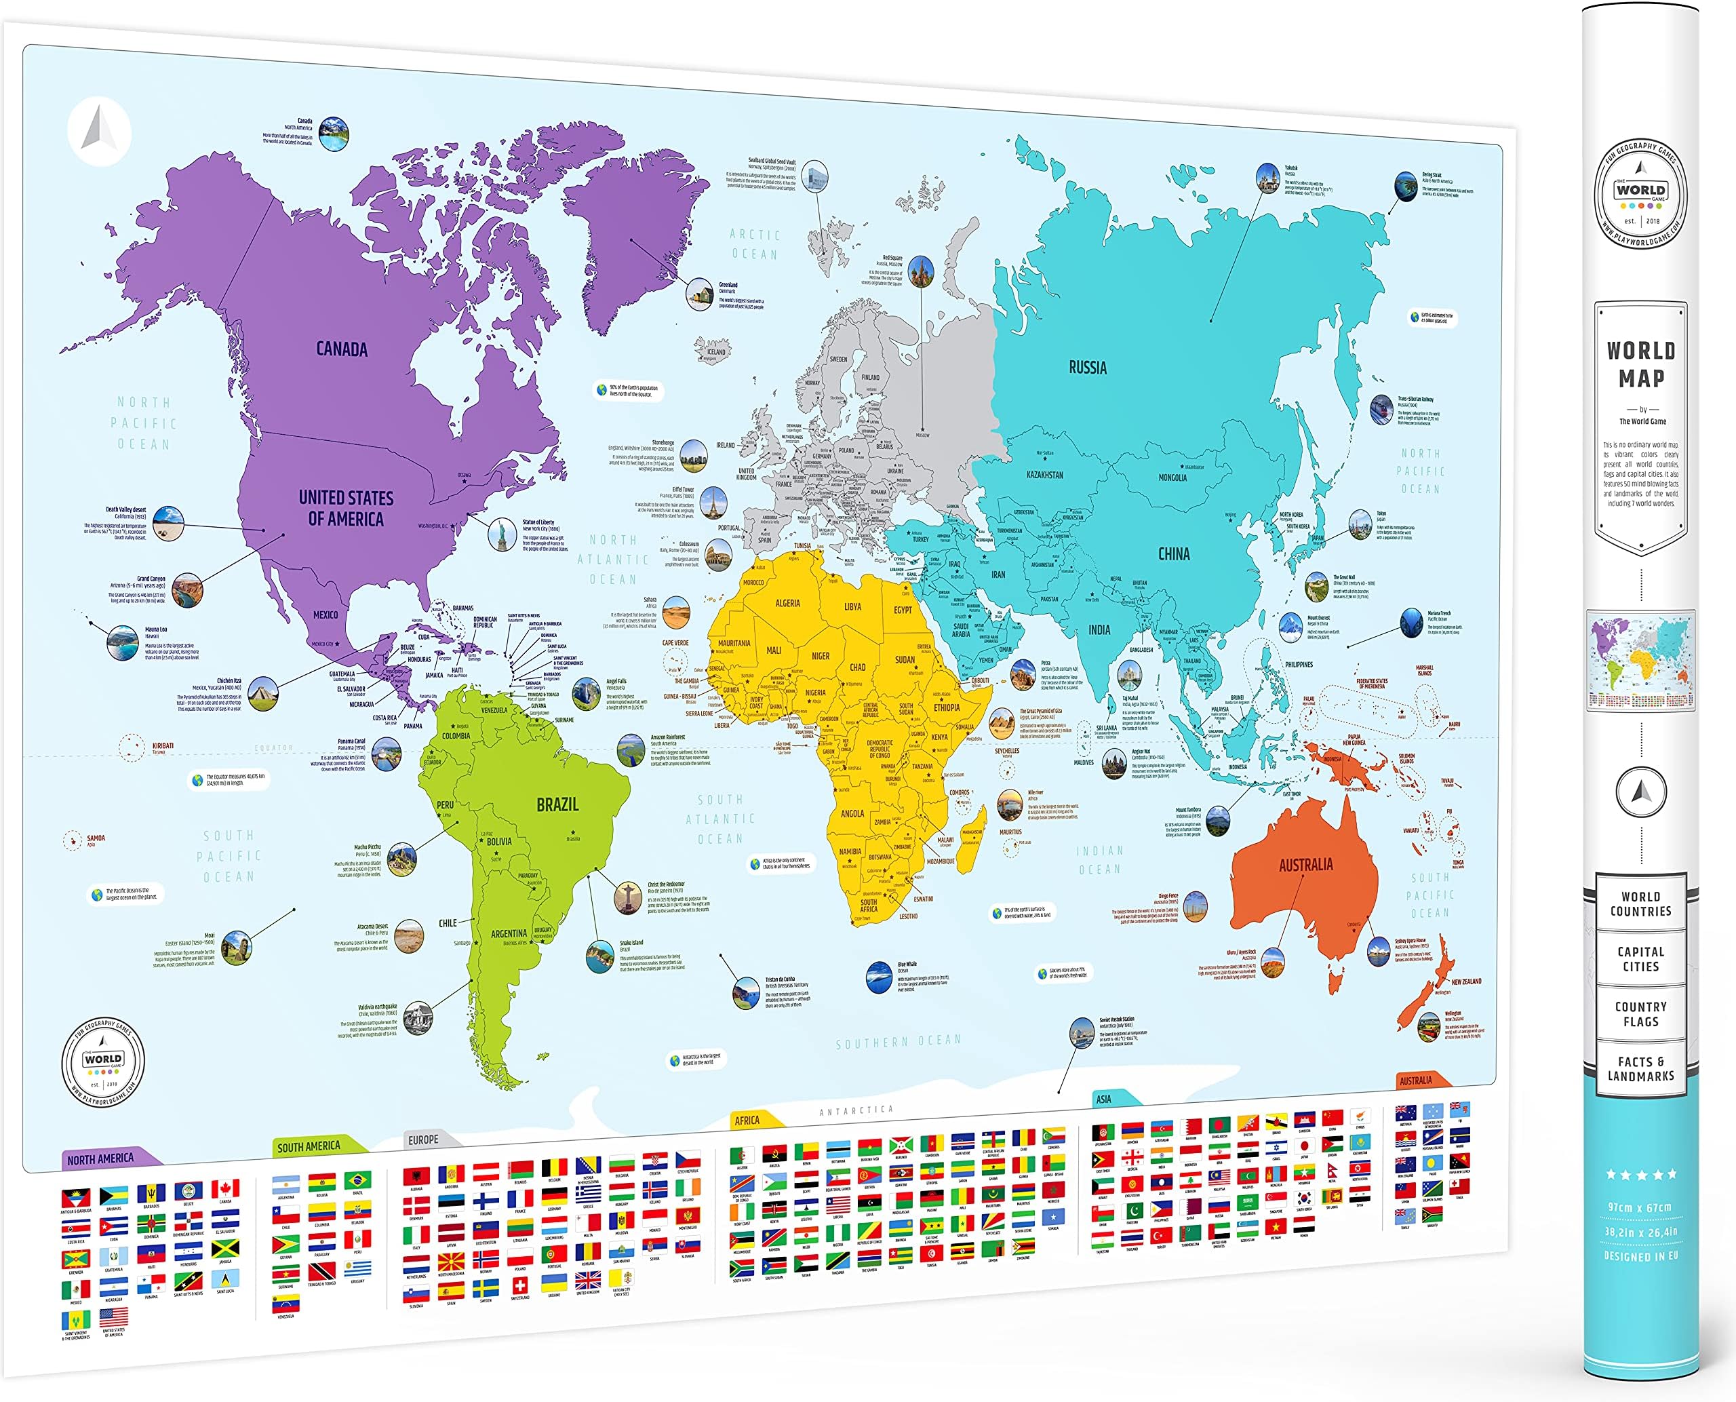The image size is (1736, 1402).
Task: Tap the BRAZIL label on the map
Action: (557, 805)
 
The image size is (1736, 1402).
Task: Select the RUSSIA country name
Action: (1088, 368)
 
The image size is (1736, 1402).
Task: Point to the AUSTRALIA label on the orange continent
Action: (1305, 865)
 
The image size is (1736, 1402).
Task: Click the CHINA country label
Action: (1174, 554)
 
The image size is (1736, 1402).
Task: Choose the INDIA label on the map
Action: (1099, 630)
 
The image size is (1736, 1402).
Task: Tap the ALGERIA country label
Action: (787, 603)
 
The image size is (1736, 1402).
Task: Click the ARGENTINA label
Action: (509, 933)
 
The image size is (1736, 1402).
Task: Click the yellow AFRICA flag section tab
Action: (749, 1120)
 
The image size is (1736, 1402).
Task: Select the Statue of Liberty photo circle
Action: (502, 534)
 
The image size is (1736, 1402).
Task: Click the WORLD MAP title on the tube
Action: (1640, 364)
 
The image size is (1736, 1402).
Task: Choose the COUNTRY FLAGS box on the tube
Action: (1640, 1014)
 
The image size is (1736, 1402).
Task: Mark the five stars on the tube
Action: (1640, 1174)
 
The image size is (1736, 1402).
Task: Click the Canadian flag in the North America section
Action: (225, 1189)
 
